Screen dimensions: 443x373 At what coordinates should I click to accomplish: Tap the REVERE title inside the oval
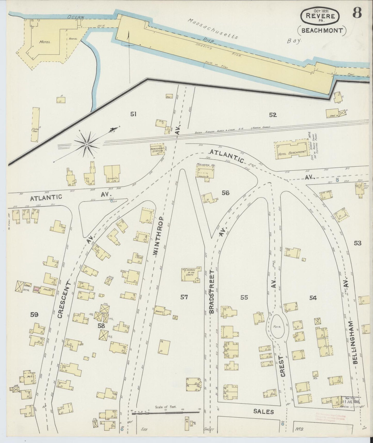[x=320, y=16]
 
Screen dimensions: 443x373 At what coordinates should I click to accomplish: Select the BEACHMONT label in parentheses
[x=322, y=30]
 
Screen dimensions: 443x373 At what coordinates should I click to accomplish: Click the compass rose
[x=87, y=144]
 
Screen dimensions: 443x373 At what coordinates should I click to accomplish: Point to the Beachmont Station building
[x=157, y=149]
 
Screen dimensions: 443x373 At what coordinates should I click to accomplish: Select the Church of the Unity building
[x=191, y=274]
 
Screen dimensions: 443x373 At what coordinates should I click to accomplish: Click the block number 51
[x=133, y=114]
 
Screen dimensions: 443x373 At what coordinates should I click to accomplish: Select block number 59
[x=34, y=315]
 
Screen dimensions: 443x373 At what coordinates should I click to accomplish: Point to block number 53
[x=358, y=243]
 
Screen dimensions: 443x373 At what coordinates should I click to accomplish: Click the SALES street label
[x=263, y=411]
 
